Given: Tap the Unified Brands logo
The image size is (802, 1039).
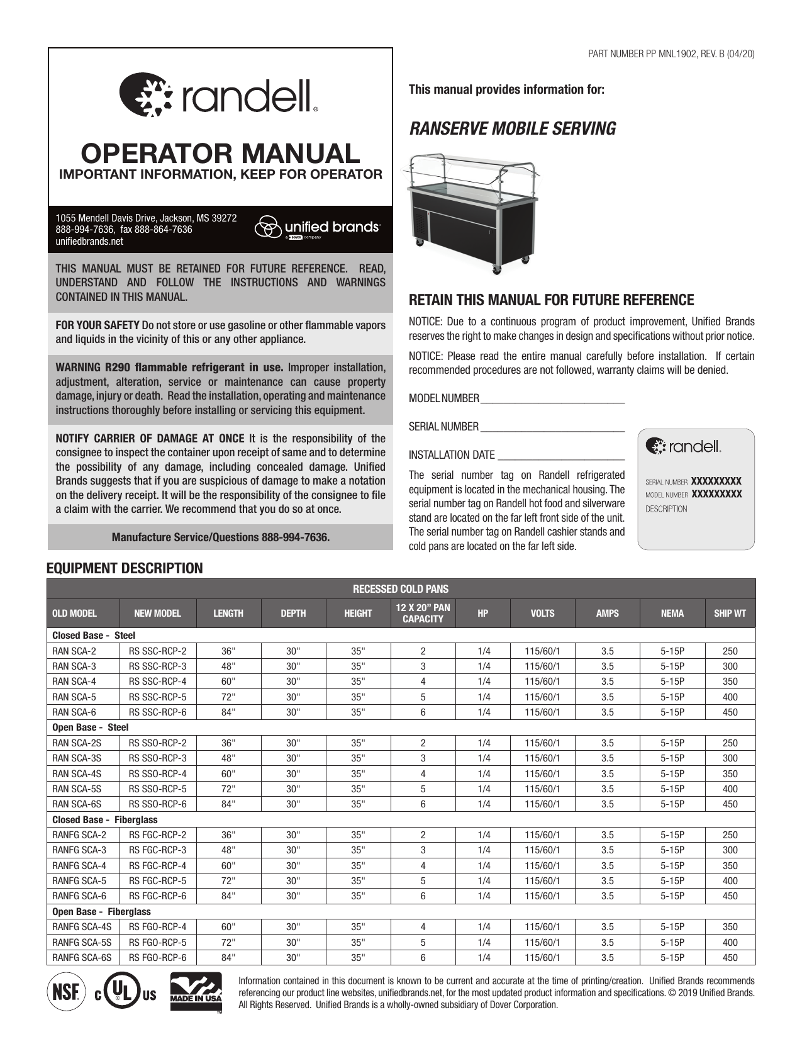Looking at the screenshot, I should point(318,228).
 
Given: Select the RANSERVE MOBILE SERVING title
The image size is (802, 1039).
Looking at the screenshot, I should point(512,129).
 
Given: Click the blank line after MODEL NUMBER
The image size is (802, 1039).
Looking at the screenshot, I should point(552,399).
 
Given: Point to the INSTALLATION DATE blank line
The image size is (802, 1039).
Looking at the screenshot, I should point(560,455).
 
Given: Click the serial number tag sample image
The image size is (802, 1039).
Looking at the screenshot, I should point(696,489).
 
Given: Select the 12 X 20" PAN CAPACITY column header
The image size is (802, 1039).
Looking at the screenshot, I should point(423,613).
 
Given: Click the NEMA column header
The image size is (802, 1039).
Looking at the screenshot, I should point(672,613).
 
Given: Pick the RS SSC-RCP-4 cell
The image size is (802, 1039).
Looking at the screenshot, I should point(158,682).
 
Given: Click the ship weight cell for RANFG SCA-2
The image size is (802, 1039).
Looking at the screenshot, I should point(730,835).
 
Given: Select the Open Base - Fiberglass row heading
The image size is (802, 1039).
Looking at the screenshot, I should point(101,911).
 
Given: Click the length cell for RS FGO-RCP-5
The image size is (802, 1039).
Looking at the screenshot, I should point(228,942).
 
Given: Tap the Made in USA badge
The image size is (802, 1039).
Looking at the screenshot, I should point(196,995).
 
